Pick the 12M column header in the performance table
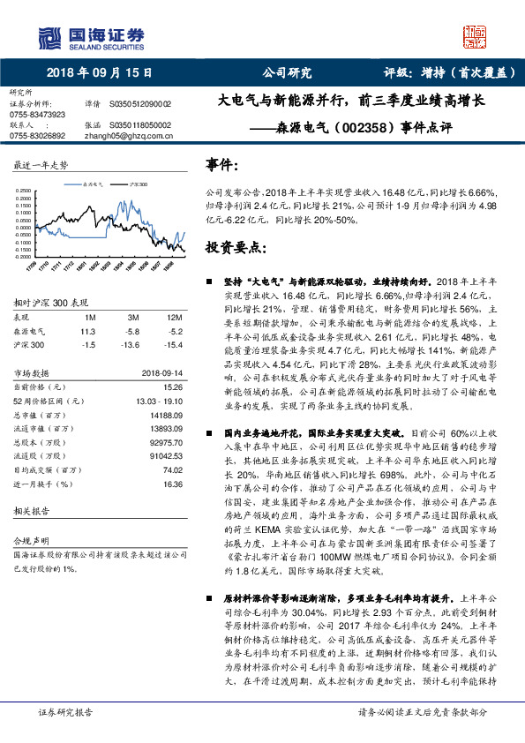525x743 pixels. coord(174,316)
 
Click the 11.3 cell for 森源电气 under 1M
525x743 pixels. coord(87,330)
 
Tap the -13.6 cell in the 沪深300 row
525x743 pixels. coord(132,344)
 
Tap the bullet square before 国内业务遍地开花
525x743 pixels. coord(209,434)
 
